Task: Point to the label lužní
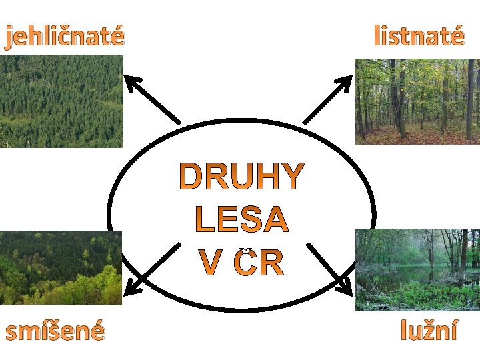click(x=429, y=330)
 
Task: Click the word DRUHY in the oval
click(x=242, y=177)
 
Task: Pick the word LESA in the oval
click(x=242, y=220)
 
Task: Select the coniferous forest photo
click(x=61, y=101)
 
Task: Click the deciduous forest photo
click(x=417, y=101)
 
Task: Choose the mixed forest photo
click(x=61, y=267)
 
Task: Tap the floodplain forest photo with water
click(x=417, y=269)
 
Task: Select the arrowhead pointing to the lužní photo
click(x=345, y=287)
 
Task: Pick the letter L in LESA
click(x=203, y=220)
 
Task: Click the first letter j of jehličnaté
click(x=9, y=37)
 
